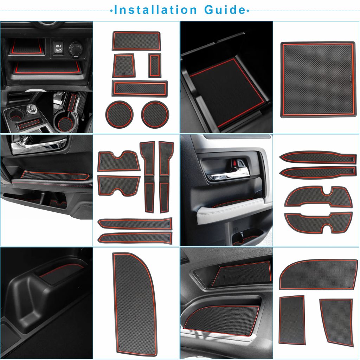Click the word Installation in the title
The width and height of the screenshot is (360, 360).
click(x=155, y=10)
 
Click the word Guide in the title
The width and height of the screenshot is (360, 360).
click(x=224, y=10)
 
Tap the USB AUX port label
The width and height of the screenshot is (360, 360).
click(x=59, y=48)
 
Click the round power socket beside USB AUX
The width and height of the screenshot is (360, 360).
click(x=76, y=49)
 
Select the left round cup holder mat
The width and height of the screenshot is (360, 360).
click(x=120, y=114)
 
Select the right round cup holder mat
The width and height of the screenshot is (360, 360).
click(x=155, y=114)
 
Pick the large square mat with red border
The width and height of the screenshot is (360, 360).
click(x=318, y=79)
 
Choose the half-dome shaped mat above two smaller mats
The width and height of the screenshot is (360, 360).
click(x=318, y=274)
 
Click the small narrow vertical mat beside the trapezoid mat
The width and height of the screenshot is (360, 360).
click(x=155, y=65)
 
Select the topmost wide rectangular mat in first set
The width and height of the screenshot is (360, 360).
click(x=136, y=41)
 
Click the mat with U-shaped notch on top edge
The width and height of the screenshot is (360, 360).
click(x=119, y=161)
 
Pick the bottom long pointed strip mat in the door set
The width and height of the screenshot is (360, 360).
click(x=135, y=238)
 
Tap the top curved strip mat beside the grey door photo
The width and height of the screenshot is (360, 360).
click(x=318, y=157)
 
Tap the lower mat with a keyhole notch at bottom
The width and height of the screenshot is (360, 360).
click(x=318, y=223)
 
